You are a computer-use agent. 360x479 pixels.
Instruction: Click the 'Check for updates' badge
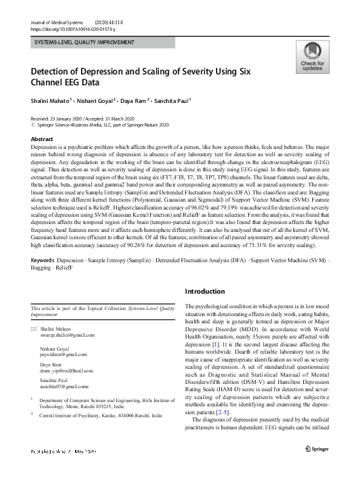[312, 58]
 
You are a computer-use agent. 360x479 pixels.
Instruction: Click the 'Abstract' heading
[42, 139]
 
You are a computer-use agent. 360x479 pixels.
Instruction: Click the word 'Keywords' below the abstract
[42, 277]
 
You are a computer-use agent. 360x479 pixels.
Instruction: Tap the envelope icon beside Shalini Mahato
[33, 328]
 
